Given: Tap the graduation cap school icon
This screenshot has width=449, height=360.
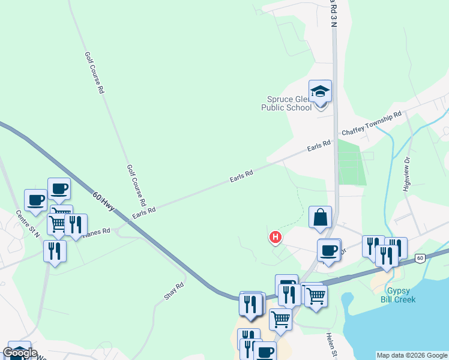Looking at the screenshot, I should click(320, 91).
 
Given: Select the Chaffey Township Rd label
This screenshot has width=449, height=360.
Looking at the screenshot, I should click(371, 124).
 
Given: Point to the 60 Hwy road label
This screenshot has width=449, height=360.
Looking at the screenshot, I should click(105, 202).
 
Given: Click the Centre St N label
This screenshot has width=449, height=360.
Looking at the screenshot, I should click(28, 224).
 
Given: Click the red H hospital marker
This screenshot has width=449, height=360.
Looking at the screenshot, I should click(276, 238).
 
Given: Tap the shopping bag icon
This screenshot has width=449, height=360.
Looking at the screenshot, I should click(320, 217).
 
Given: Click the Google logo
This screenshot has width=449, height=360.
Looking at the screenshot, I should click(20, 353).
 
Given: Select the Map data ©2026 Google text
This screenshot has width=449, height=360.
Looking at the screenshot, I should click(412, 355).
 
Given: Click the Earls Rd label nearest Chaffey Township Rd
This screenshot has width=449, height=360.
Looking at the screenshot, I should click(319, 146).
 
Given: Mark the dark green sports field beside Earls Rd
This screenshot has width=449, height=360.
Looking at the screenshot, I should click(352, 162).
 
